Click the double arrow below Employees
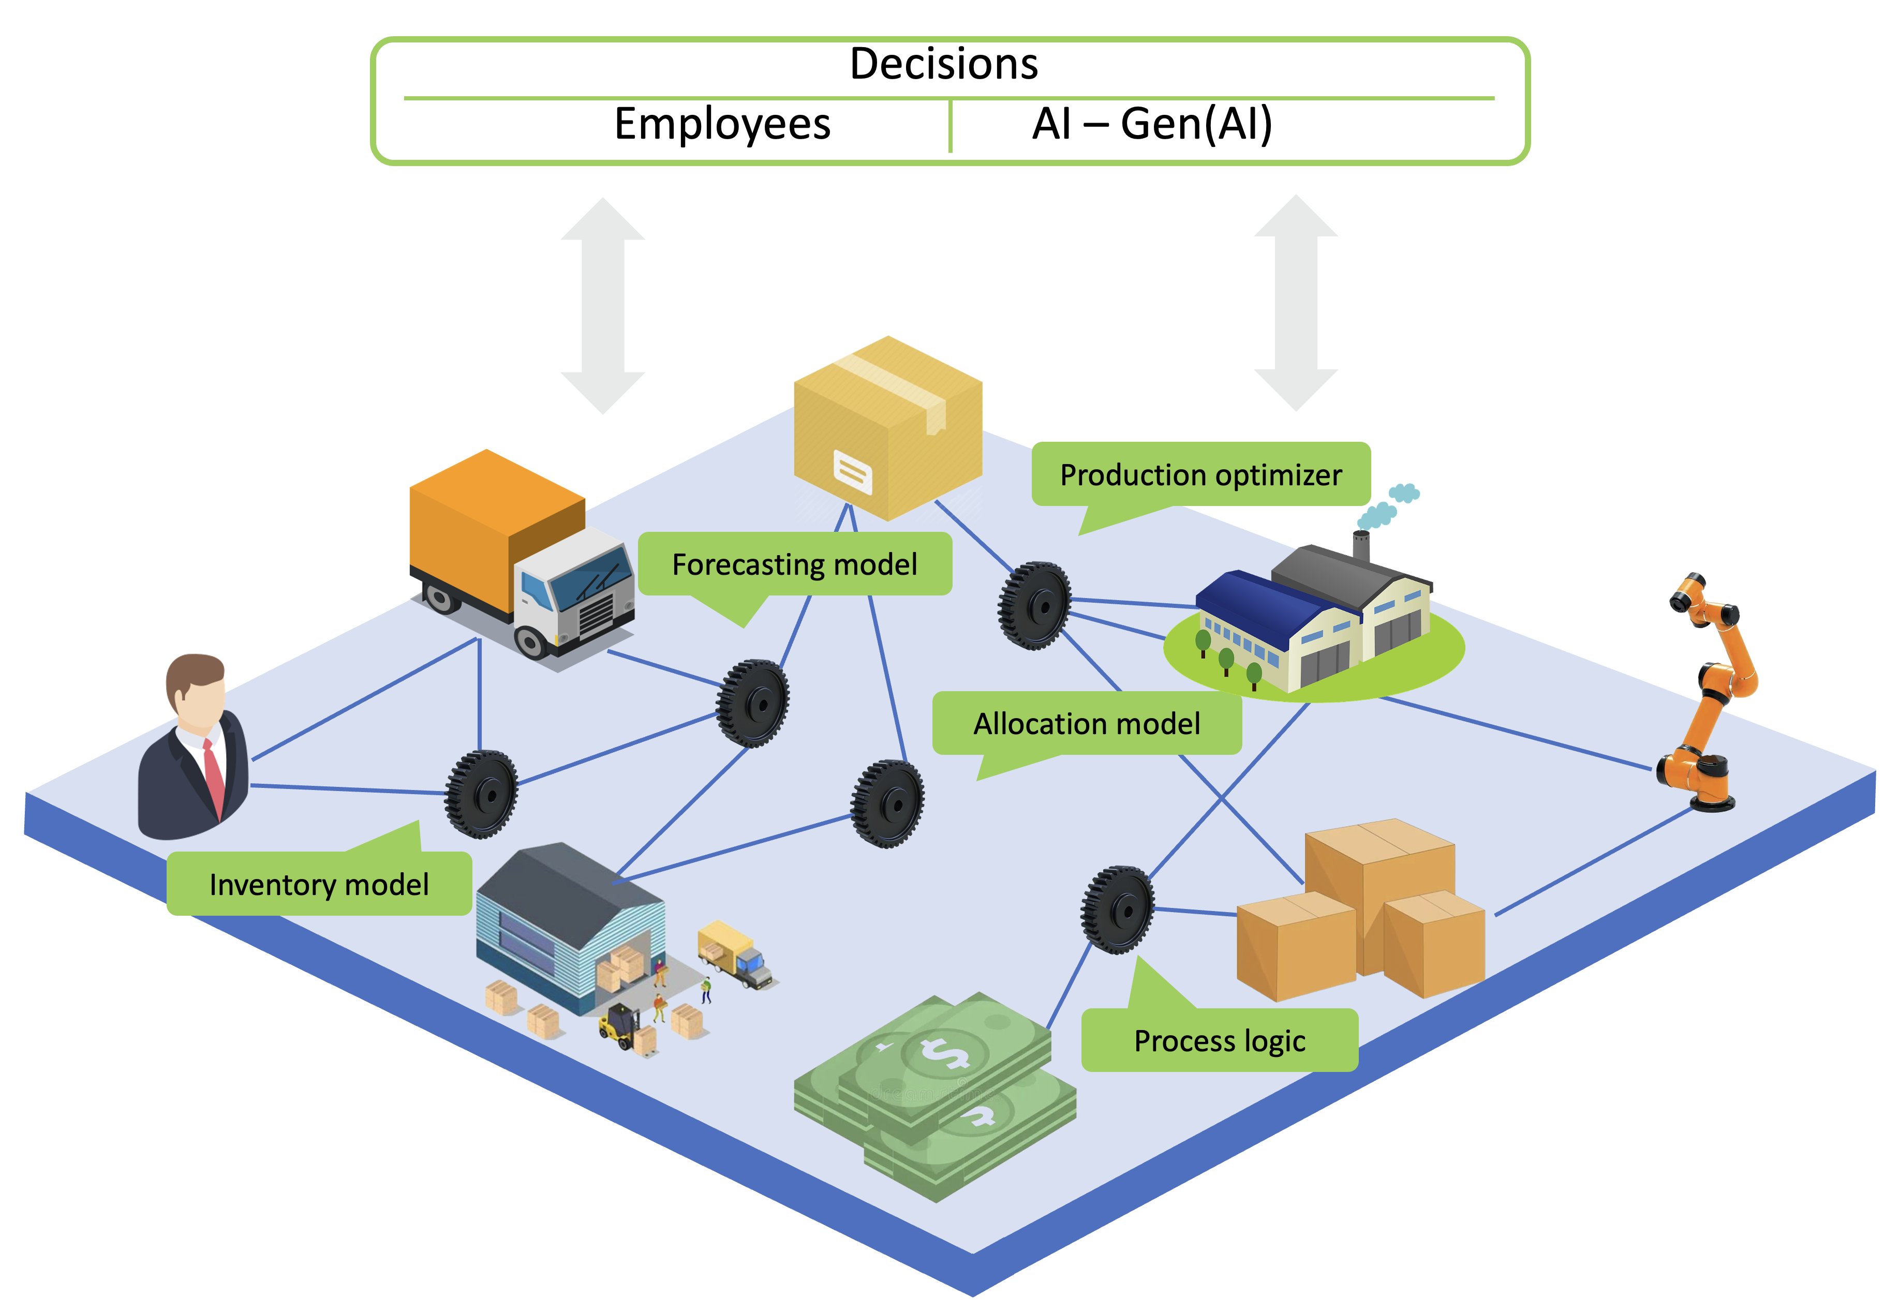coord(603,305)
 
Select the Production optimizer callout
coord(1200,475)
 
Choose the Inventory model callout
coord(319,885)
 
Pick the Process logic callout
coord(1219,1041)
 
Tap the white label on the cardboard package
coord(853,472)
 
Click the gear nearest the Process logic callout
coord(1118,909)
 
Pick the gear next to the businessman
coord(482,794)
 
